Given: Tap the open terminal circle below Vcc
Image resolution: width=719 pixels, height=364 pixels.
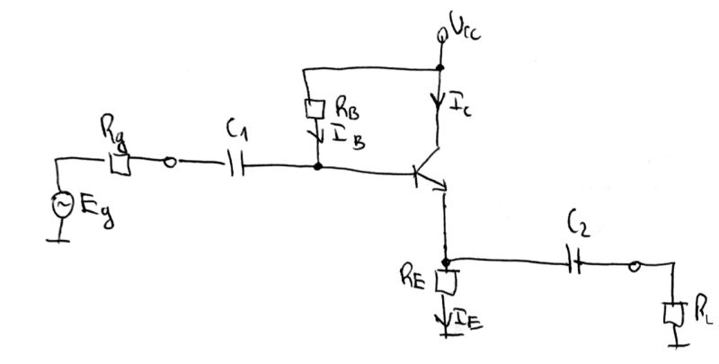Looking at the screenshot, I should pyautogui.click(x=440, y=37).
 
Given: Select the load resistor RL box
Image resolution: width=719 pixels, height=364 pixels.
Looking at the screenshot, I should pyautogui.click(x=670, y=315).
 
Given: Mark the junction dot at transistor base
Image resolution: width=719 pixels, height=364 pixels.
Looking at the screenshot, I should pyautogui.click(x=317, y=166).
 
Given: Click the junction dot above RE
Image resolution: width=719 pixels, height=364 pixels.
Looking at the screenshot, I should pyautogui.click(x=445, y=262).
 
